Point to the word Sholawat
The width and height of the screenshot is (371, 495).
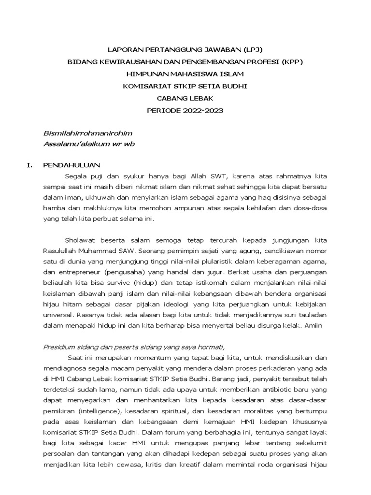(79, 240)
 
